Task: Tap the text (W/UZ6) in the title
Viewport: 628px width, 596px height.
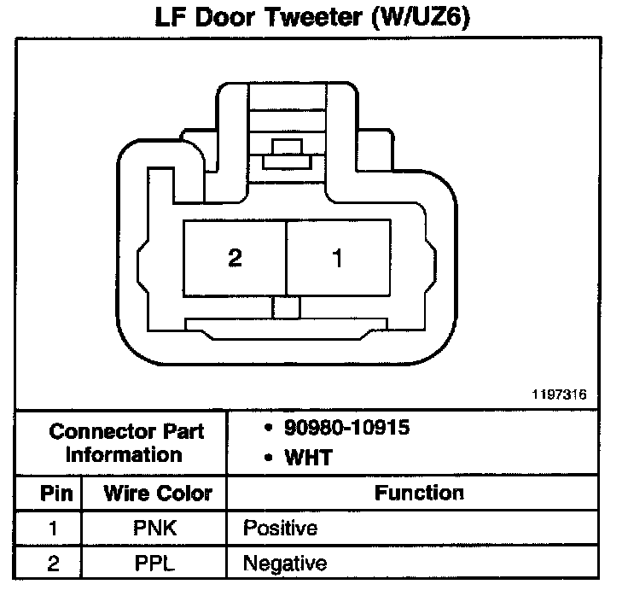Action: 422,18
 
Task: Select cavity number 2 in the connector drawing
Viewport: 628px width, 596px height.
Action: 235,258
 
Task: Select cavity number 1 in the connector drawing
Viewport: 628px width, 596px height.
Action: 337,258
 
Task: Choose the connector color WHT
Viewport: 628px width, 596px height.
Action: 309,458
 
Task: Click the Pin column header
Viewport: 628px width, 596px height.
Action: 51,494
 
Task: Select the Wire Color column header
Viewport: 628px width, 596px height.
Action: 157,494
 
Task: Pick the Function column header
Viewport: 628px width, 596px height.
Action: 420,493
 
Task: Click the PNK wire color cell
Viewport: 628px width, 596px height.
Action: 155,529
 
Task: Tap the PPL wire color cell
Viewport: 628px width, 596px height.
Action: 155,564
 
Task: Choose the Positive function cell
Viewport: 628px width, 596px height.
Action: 280,529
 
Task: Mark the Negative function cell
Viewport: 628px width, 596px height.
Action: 285,564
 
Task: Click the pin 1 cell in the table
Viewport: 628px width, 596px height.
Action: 51,529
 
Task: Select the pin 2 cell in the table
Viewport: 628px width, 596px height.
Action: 51,564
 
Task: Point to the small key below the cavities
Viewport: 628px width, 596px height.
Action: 285,307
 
